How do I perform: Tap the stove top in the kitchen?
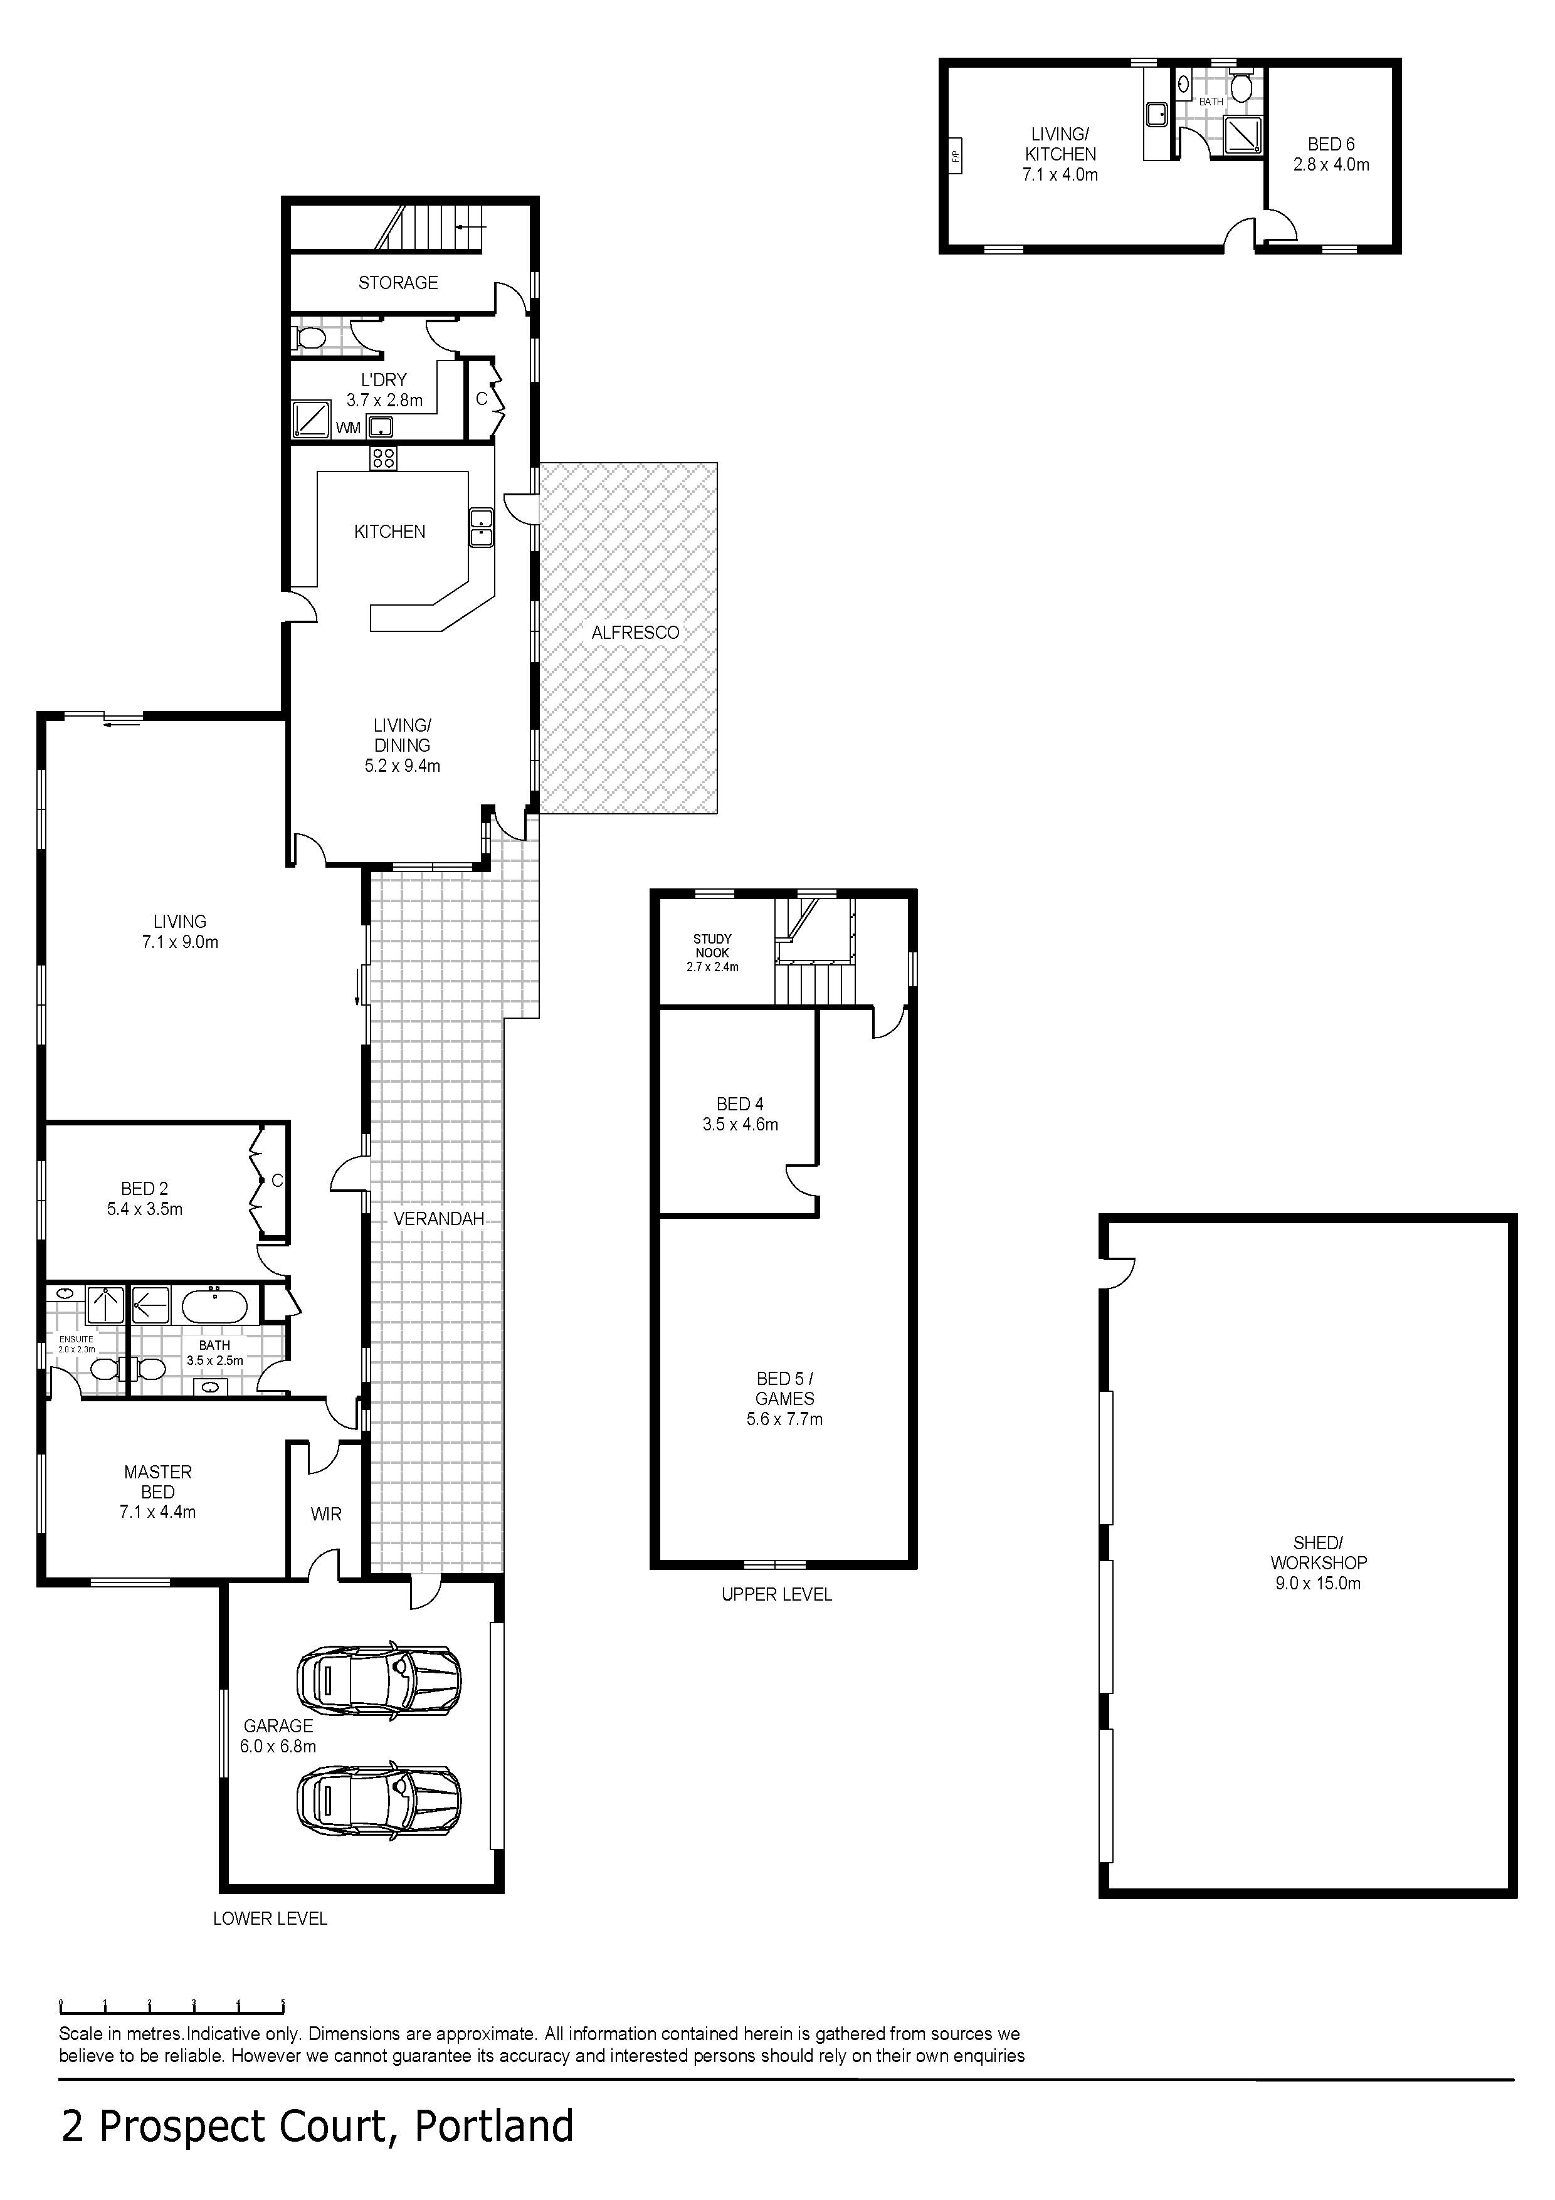pos(383,458)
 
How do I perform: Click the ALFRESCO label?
pos(635,633)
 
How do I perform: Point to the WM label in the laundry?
pos(348,428)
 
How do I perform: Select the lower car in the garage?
pos(379,1801)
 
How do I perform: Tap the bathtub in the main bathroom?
pos(214,1305)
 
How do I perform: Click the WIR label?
pos(326,1514)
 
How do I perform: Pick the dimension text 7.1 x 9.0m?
pos(180,942)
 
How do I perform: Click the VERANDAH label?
pos(439,1219)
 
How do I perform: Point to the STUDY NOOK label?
pos(712,945)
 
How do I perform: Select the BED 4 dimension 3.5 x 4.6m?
pos(740,1124)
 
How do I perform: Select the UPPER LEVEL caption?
pos(776,1594)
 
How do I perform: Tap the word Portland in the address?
pos(493,2125)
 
